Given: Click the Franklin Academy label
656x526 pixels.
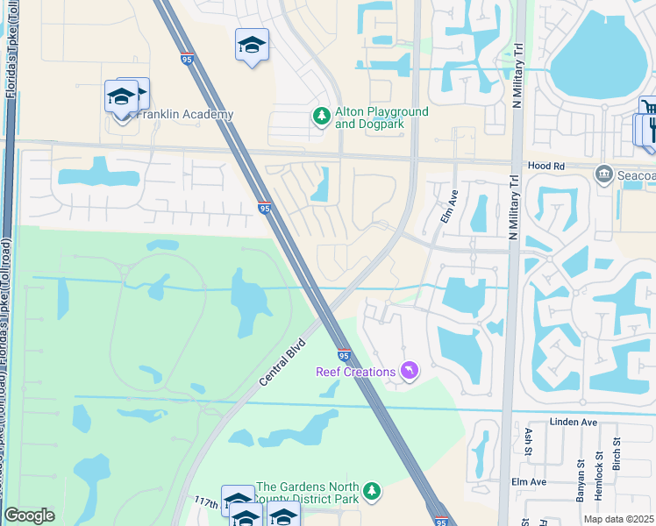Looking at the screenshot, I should tap(184, 115).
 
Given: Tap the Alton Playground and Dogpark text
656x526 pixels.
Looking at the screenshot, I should tap(381, 117).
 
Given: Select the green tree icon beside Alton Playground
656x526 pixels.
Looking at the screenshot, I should tap(322, 116).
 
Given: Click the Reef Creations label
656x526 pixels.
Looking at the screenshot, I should tap(355, 372).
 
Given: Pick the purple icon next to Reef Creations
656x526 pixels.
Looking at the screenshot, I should tap(409, 372).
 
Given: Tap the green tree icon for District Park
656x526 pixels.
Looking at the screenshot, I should tap(373, 492).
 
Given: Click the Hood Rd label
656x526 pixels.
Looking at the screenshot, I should tap(545, 166).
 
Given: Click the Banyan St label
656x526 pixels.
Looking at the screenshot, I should tap(581, 480).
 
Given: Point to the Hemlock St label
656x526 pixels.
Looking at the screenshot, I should tap(599, 482).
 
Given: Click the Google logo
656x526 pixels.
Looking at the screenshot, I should tap(29, 515).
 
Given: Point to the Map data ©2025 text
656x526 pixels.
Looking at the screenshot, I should tap(618, 519).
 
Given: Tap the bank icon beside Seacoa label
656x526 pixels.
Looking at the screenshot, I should tap(603, 174).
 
